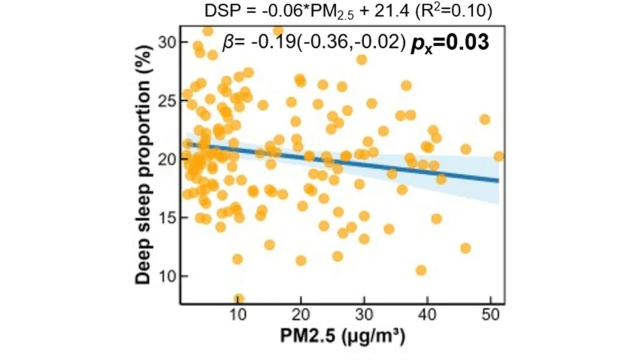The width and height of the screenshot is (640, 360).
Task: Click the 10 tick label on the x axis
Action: tap(238, 315)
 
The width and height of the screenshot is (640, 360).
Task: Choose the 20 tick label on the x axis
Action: tap(301, 315)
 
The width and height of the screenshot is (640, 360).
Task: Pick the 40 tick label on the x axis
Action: tap(427, 315)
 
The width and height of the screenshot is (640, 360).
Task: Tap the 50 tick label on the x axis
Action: tap(490, 315)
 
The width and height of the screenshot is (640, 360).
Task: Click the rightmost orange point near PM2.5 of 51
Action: tap(499, 156)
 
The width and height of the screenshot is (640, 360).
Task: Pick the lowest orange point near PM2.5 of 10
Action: tap(239, 299)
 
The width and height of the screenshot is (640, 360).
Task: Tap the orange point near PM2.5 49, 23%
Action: tap(485, 119)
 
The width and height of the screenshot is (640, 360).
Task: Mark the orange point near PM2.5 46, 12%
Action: tap(465, 248)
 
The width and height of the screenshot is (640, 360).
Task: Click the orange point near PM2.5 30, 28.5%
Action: tap(362, 59)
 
